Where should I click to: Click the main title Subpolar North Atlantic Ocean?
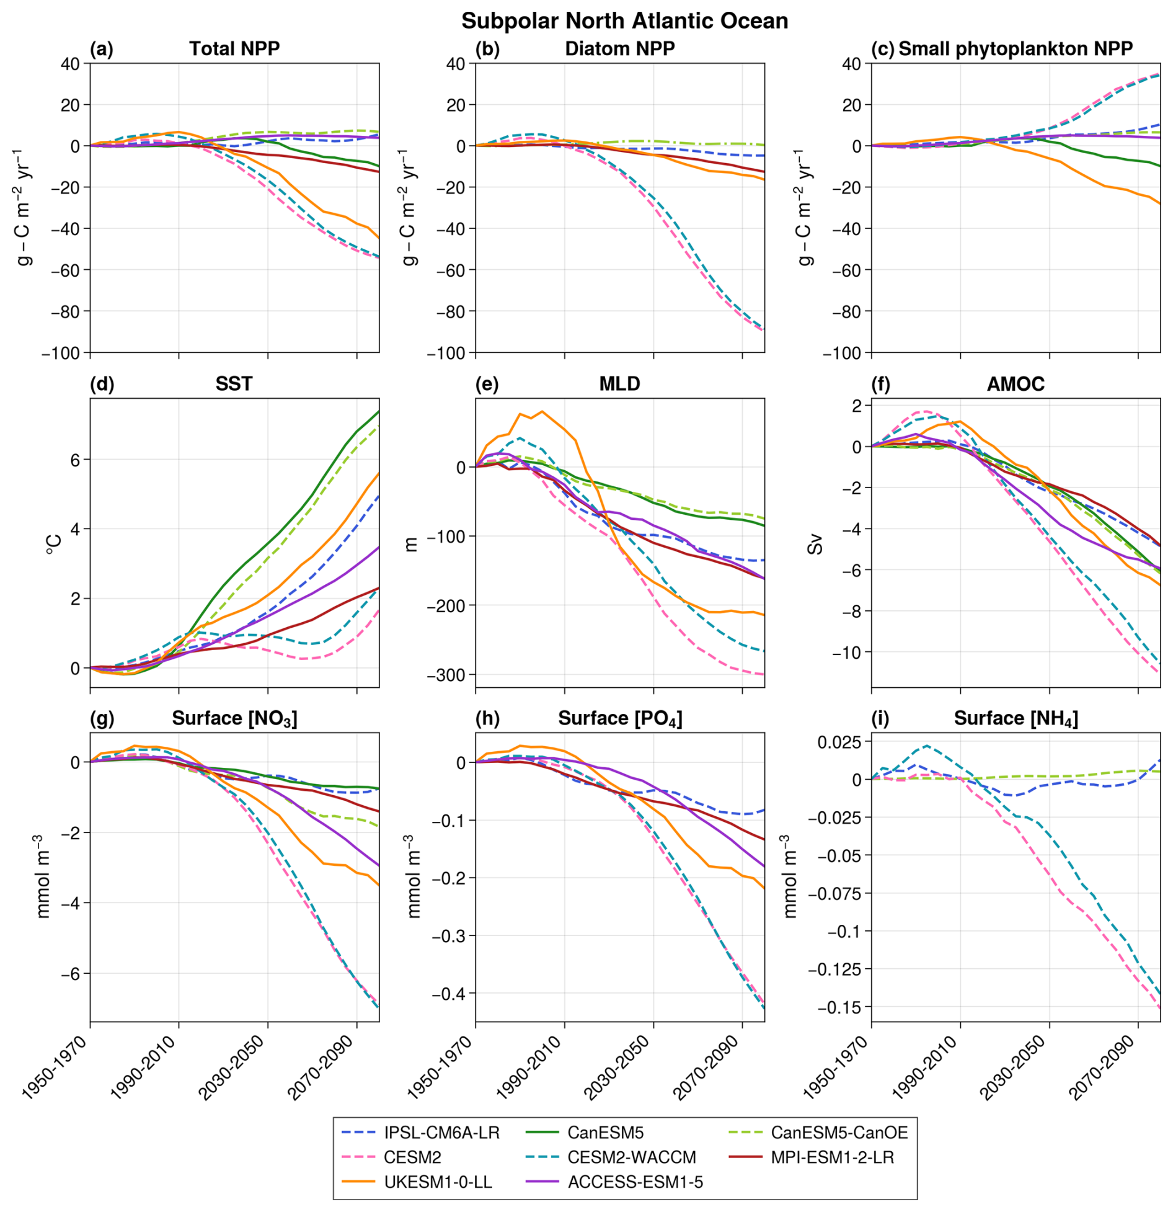click(x=624, y=21)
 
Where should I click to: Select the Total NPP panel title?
click(x=234, y=49)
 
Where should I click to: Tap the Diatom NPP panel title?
click(x=619, y=49)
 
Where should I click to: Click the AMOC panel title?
click(x=1015, y=385)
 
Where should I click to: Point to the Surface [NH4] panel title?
click(x=1016, y=718)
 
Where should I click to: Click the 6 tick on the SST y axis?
click(x=76, y=460)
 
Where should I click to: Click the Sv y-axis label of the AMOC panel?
click(x=816, y=544)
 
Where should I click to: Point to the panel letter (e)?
click(x=487, y=385)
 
